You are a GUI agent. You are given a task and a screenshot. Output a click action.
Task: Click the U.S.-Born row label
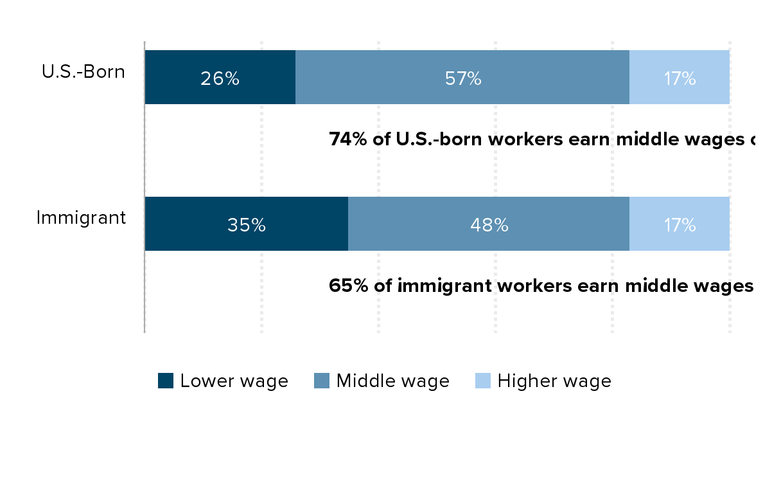point(83,72)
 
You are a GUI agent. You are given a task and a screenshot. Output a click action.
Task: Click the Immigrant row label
point(81,218)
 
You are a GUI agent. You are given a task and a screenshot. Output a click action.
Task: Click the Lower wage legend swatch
point(166,381)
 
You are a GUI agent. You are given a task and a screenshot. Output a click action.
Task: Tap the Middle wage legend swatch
point(322,381)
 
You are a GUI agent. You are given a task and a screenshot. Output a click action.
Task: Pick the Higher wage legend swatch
point(483,381)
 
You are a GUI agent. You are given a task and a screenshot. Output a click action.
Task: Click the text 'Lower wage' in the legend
point(234,381)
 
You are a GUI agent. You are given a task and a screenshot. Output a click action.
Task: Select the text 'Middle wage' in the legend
point(393,381)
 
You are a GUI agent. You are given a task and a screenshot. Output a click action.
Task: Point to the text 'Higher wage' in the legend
point(554,381)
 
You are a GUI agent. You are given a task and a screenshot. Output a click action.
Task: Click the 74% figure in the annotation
point(348,140)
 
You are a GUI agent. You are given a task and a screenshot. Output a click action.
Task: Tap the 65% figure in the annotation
point(348,286)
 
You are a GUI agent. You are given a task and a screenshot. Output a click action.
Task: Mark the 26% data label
point(220,78)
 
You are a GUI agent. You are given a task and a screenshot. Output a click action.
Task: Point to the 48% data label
point(489,225)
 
